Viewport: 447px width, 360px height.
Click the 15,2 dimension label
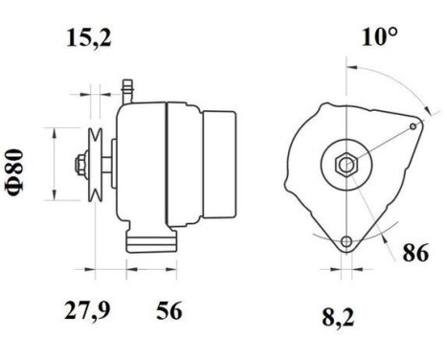89,40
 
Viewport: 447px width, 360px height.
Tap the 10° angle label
380,38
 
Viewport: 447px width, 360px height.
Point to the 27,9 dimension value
89,312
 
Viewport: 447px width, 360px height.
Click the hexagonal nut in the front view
345,164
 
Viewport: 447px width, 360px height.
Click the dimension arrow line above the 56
153,266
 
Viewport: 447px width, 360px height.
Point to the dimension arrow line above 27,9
110,266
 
